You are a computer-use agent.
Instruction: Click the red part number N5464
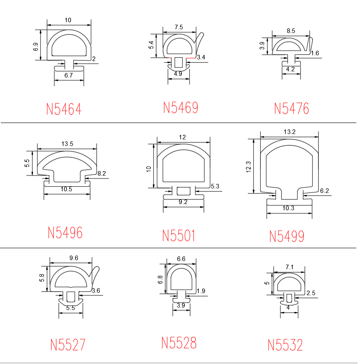[64, 109]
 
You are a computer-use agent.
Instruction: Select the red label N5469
[181, 108]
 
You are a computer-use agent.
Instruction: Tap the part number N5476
[292, 108]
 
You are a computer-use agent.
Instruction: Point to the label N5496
[65, 232]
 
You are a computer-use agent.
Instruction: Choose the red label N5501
[179, 236]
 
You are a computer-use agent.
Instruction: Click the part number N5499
[287, 236]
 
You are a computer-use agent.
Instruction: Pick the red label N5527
[68, 345]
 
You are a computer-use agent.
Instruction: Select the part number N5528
[179, 343]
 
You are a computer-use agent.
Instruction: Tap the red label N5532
[285, 345]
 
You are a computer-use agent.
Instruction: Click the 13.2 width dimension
[289, 132]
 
